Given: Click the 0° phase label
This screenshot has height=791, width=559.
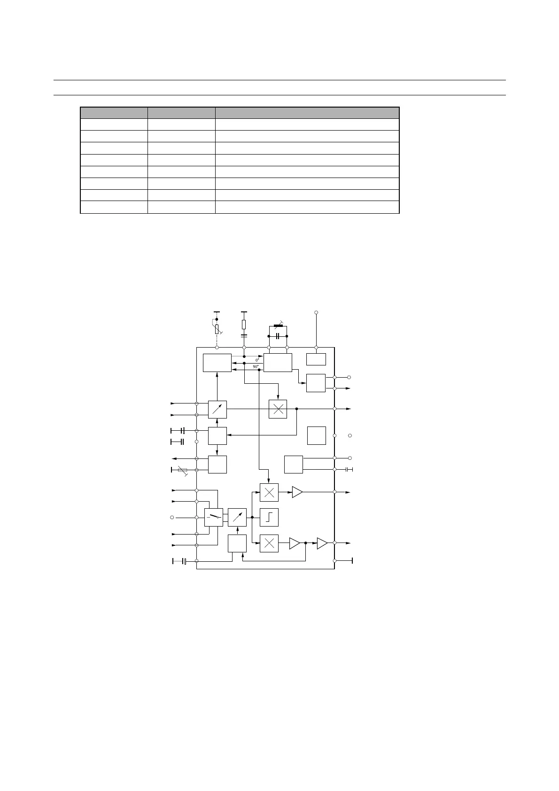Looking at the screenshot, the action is click(257, 360).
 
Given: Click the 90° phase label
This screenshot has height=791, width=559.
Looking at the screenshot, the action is click(256, 366).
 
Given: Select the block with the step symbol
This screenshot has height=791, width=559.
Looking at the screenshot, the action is click(269, 517).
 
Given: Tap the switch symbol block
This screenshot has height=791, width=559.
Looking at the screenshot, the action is click(214, 517).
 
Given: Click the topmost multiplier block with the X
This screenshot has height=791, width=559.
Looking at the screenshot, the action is click(278, 409).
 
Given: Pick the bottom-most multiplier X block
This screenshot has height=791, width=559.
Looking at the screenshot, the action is click(269, 543).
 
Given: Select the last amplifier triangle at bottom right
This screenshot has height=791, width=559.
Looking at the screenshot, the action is click(322, 543).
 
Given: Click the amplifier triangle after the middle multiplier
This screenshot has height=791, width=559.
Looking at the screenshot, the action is click(297, 492).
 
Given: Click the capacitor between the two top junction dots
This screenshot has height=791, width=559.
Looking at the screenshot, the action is click(278, 336).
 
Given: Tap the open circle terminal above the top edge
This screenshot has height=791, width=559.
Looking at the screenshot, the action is click(316, 312).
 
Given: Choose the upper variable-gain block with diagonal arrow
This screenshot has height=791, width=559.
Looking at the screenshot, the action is click(217, 409).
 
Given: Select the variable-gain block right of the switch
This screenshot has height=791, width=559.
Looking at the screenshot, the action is click(237, 517).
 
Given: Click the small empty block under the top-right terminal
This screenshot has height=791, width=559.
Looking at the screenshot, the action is click(316, 359).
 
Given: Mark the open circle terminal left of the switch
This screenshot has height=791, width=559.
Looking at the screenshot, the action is click(172, 517).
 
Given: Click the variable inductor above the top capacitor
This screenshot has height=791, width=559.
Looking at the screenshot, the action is click(278, 326).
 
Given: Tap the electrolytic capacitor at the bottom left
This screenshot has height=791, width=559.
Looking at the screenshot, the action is click(184, 561).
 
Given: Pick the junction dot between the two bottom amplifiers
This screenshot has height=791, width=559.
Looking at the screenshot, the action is click(305, 543).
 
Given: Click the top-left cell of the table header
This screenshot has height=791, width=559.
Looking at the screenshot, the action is click(114, 113).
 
